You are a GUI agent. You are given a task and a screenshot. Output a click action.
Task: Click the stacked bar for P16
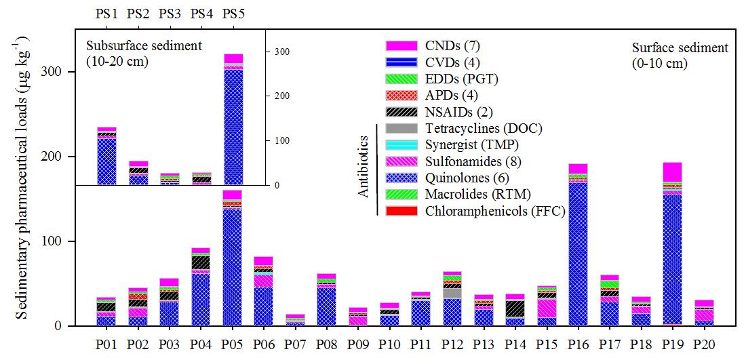click(x=578, y=245)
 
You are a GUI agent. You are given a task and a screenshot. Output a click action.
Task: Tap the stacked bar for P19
click(x=672, y=244)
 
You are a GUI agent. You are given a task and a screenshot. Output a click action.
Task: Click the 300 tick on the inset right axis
click(x=280, y=52)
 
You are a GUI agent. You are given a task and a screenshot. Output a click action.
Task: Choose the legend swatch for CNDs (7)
click(x=400, y=45)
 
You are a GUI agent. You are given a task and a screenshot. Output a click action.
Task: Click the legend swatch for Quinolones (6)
click(x=400, y=178)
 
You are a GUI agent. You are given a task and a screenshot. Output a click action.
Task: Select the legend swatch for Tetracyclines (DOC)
click(x=400, y=128)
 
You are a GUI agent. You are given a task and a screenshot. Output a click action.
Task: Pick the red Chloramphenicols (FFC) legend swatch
click(x=400, y=211)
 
